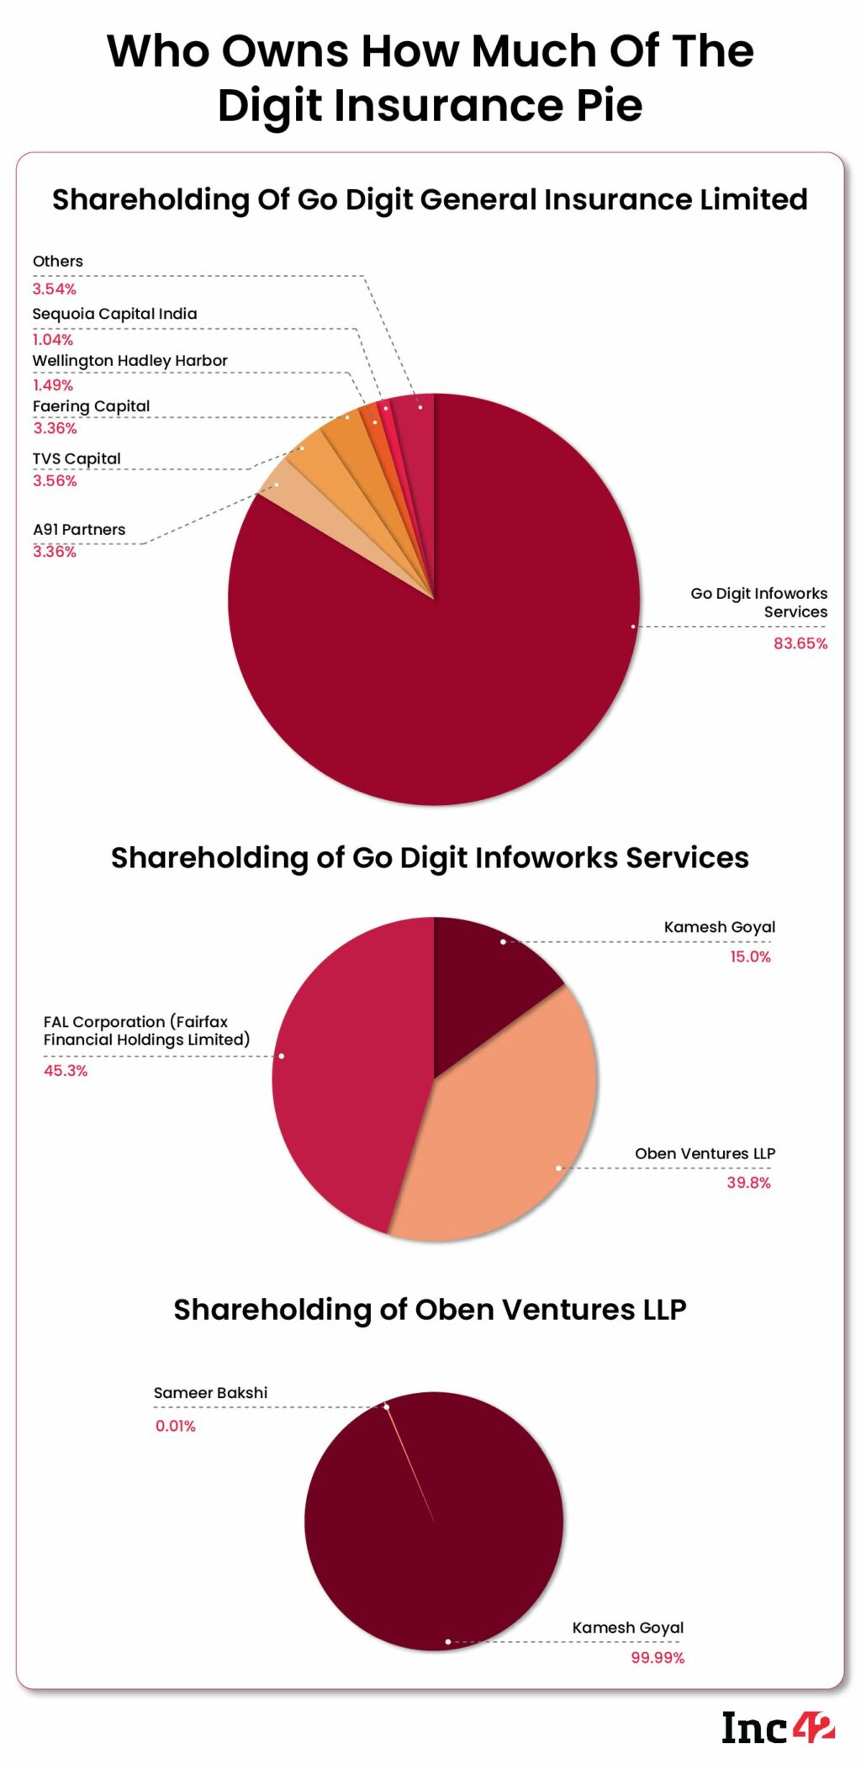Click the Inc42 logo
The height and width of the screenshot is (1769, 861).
point(778,1728)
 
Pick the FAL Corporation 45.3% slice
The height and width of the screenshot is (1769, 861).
point(345,1077)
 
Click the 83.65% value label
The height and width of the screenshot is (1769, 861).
point(800,644)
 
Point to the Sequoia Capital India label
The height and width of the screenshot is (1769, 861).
point(114,314)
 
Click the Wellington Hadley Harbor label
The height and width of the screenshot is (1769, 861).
point(129,361)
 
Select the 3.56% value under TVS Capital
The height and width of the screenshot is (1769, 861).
point(55,481)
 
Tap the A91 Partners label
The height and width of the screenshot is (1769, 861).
point(79,530)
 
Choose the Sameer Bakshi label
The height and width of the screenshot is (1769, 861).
point(210,1393)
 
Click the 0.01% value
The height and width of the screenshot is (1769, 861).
point(175,1426)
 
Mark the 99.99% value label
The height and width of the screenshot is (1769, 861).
point(658,1658)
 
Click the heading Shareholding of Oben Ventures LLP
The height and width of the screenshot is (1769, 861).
point(430,1310)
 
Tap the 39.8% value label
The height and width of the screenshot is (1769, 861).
point(748,1183)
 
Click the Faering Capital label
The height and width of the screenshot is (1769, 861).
point(91,406)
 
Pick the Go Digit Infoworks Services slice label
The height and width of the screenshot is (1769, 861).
point(758,602)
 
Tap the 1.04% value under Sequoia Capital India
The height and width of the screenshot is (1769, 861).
point(53,340)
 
